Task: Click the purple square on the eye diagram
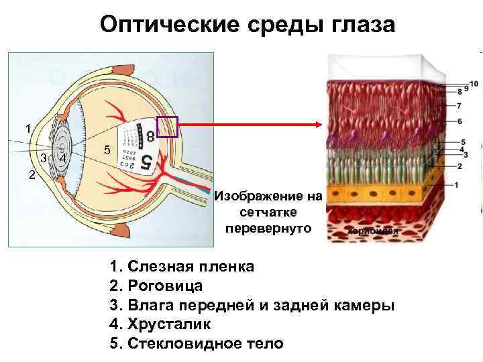(x=166, y=126)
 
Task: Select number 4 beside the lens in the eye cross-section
(x=62, y=159)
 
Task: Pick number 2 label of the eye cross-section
(x=32, y=176)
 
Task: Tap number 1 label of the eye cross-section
(x=28, y=128)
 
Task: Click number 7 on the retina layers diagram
(x=459, y=106)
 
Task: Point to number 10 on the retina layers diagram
(x=474, y=84)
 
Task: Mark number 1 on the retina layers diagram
(x=456, y=185)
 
